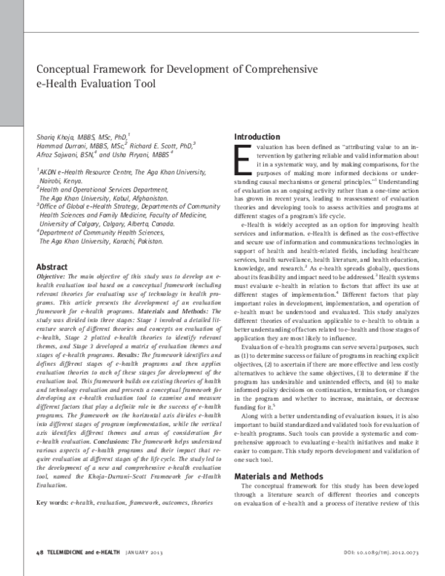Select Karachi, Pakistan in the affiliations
136,241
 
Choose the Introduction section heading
257,137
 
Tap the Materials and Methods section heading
281,455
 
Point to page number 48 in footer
39,554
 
